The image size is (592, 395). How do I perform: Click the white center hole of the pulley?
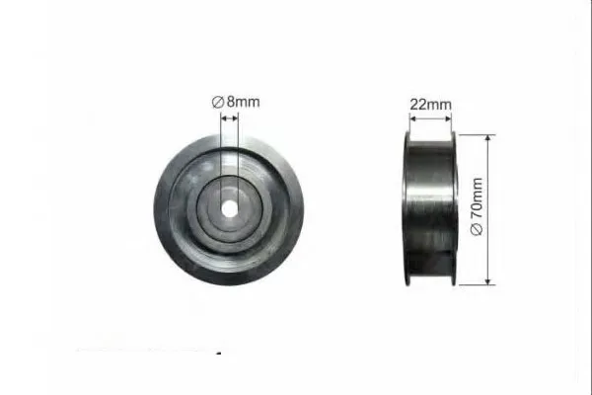(x=229, y=209)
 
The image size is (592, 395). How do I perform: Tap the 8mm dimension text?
(x=243, y=102)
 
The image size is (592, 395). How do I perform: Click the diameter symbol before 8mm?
(x=218, y=102)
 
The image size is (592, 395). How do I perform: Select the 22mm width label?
(x=430, y=105)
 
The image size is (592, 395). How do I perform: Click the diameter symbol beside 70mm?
(x=477, y=229)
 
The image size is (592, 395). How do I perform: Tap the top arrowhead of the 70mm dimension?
(x=487, y=138)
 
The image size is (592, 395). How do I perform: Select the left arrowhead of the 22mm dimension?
(x=412, y=118)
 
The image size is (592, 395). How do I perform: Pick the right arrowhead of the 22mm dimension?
(x=448, y=118)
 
